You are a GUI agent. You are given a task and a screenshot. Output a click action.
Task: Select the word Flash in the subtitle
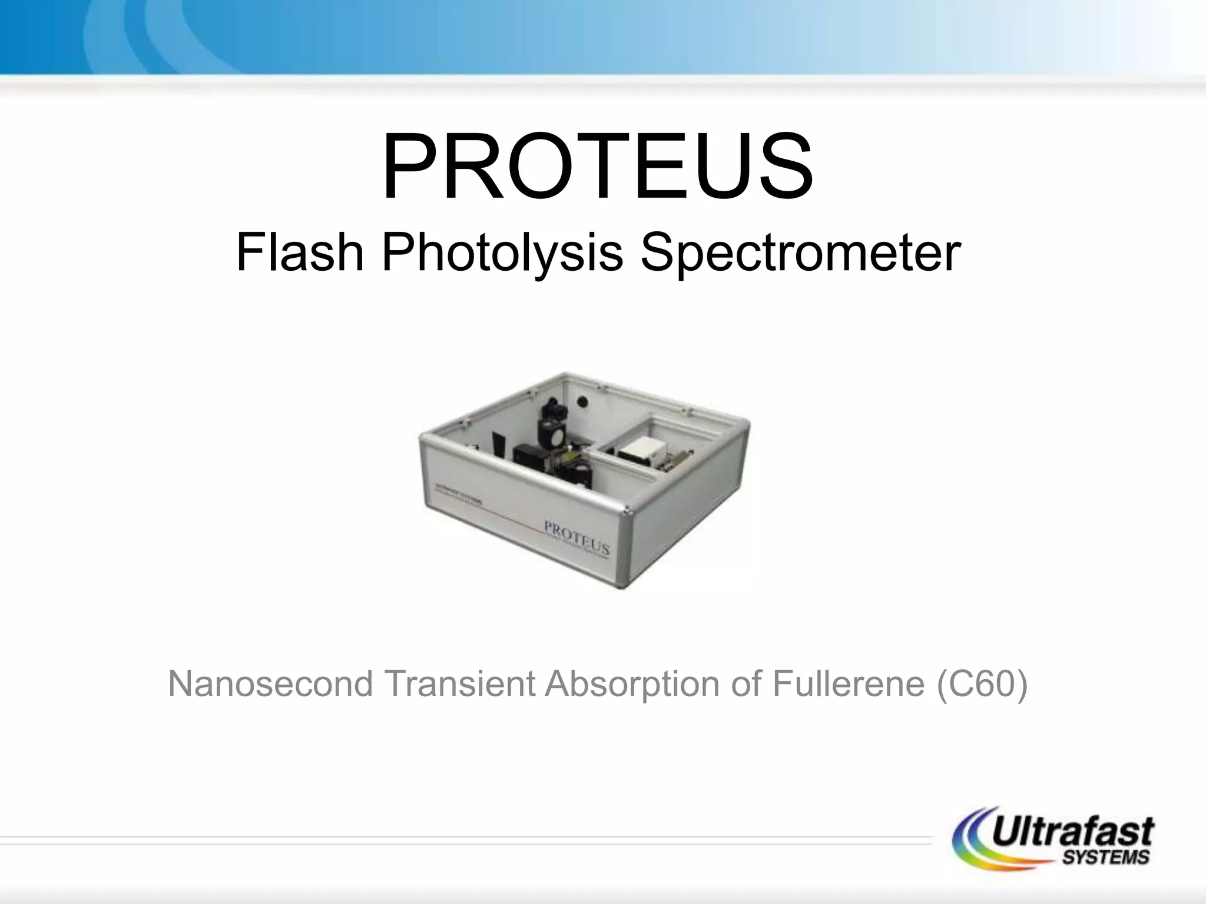pos(300,253)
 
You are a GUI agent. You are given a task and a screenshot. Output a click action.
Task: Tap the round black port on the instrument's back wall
pos(583,400)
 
